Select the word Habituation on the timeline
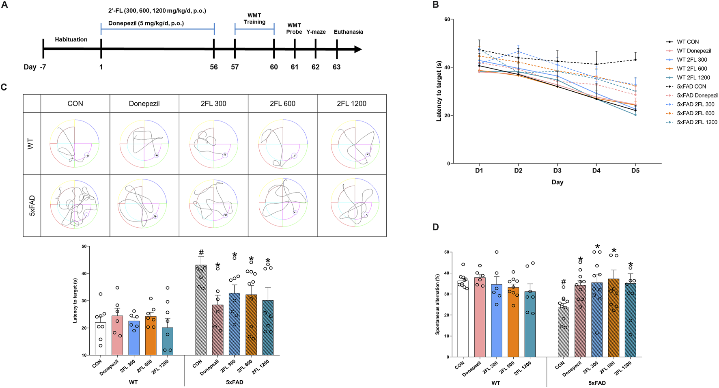tap(71, 39)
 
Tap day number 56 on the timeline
tap(214, 67)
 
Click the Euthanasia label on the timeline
tap(348, 32)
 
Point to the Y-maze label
tap(316, 32)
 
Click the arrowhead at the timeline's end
tap(357, 49)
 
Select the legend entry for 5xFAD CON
tap(691, 86)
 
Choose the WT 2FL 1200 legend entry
tap(693, 78)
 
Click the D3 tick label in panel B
tap(557, 170)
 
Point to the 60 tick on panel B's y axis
tap(446, 19)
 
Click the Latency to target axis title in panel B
tap(439, 91)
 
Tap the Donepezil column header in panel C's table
tap(144, 103)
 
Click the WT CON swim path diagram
tap(75, 143)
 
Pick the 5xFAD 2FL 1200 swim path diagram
tap(351, 205)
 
